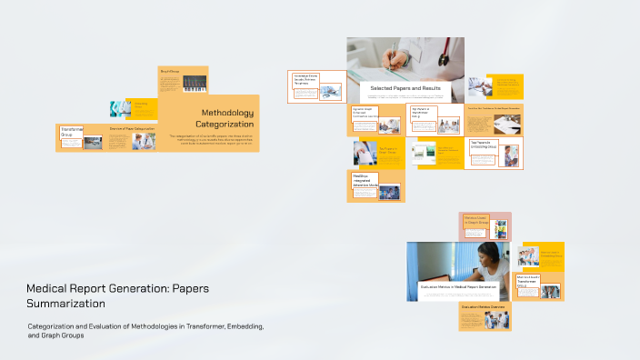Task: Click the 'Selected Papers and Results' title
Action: pos(405,88)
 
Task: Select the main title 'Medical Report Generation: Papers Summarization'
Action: pos(117,295)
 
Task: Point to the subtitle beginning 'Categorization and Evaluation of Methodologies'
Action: pos(145,330)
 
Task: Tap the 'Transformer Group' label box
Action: pos(71,133)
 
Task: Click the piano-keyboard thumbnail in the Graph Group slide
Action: pos(195,83)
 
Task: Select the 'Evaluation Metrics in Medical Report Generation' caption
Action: pos(458,286)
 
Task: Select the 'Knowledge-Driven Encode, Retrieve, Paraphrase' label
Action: pos(305,79)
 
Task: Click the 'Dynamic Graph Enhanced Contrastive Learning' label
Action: pos(365,113)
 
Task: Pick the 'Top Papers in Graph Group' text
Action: pos(383,150)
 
